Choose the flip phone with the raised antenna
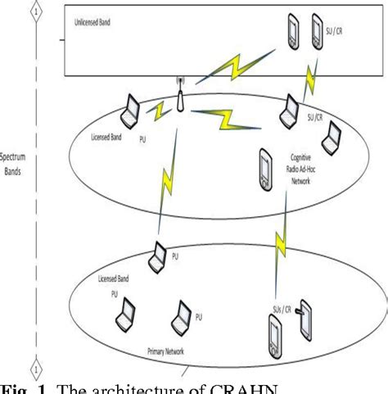coord(303,324)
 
